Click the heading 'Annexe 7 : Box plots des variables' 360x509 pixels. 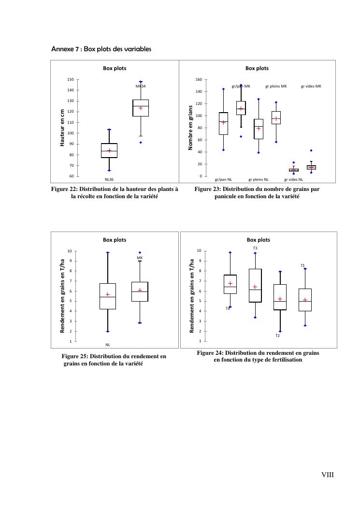point(101,49)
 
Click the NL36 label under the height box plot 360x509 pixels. point(109,179)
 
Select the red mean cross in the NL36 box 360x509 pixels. point(109,151)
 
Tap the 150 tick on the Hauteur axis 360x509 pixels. point(71,79)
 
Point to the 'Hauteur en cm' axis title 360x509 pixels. point(62,128)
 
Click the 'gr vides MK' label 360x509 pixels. point(311,87)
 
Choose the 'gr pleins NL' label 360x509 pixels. point(259,179)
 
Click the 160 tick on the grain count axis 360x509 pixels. point(198,79)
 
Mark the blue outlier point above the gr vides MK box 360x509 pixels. point(311,150)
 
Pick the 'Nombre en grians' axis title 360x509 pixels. point(191,127)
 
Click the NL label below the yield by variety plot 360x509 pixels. point(108,345)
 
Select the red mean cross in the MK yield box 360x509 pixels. point(140,290)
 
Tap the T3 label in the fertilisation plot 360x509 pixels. point(255,248)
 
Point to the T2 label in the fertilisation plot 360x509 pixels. point(278,335)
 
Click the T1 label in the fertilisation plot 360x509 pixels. point(303,265)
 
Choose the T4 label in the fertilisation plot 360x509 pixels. point(228,308)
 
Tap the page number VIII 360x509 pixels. point(328,475)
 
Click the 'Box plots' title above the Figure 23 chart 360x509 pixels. point(257,68)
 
